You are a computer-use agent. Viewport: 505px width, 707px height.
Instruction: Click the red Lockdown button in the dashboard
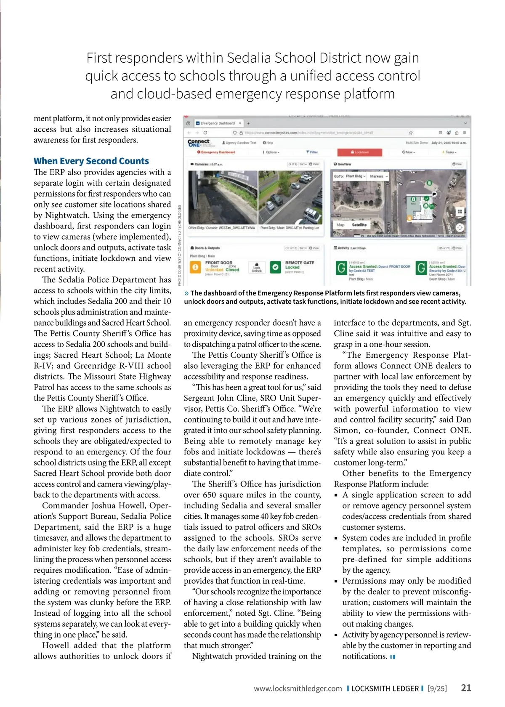click(x=360, y=152)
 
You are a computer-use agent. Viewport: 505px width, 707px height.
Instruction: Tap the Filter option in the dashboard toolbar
click(x=312, y=152)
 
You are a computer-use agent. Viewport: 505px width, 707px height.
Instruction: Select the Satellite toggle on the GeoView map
click(x=359, y=225)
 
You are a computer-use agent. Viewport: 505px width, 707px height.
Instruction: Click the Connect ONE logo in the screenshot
click(x=199, y=143)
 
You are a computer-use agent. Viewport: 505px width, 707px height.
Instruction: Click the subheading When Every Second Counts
click(x=91, y=161)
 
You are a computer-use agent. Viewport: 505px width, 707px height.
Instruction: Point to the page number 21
click(x=466, y=688)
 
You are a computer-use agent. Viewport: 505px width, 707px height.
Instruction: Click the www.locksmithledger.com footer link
click(x=298, y=688)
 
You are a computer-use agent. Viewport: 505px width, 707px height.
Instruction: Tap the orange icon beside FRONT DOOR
click(x=195, y=267)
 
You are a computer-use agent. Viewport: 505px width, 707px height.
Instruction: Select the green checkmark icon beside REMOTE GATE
click(x=275, y=267)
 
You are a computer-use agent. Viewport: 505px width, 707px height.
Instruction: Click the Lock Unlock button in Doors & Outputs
click(x=257, y=268)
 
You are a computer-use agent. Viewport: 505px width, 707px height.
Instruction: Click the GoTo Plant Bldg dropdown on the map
click(x=350, y=176)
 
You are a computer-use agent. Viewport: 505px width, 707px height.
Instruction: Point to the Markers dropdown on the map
click(x=379, y=176)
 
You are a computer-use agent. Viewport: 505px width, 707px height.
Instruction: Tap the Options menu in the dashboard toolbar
click(x=271, y=152)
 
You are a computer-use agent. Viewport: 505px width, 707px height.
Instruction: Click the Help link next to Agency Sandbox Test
click(x=268, y=143)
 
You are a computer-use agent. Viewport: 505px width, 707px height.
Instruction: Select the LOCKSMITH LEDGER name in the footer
click(x=385, y=688)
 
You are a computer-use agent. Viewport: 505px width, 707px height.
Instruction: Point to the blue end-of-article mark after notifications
click(x=393, y=656)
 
